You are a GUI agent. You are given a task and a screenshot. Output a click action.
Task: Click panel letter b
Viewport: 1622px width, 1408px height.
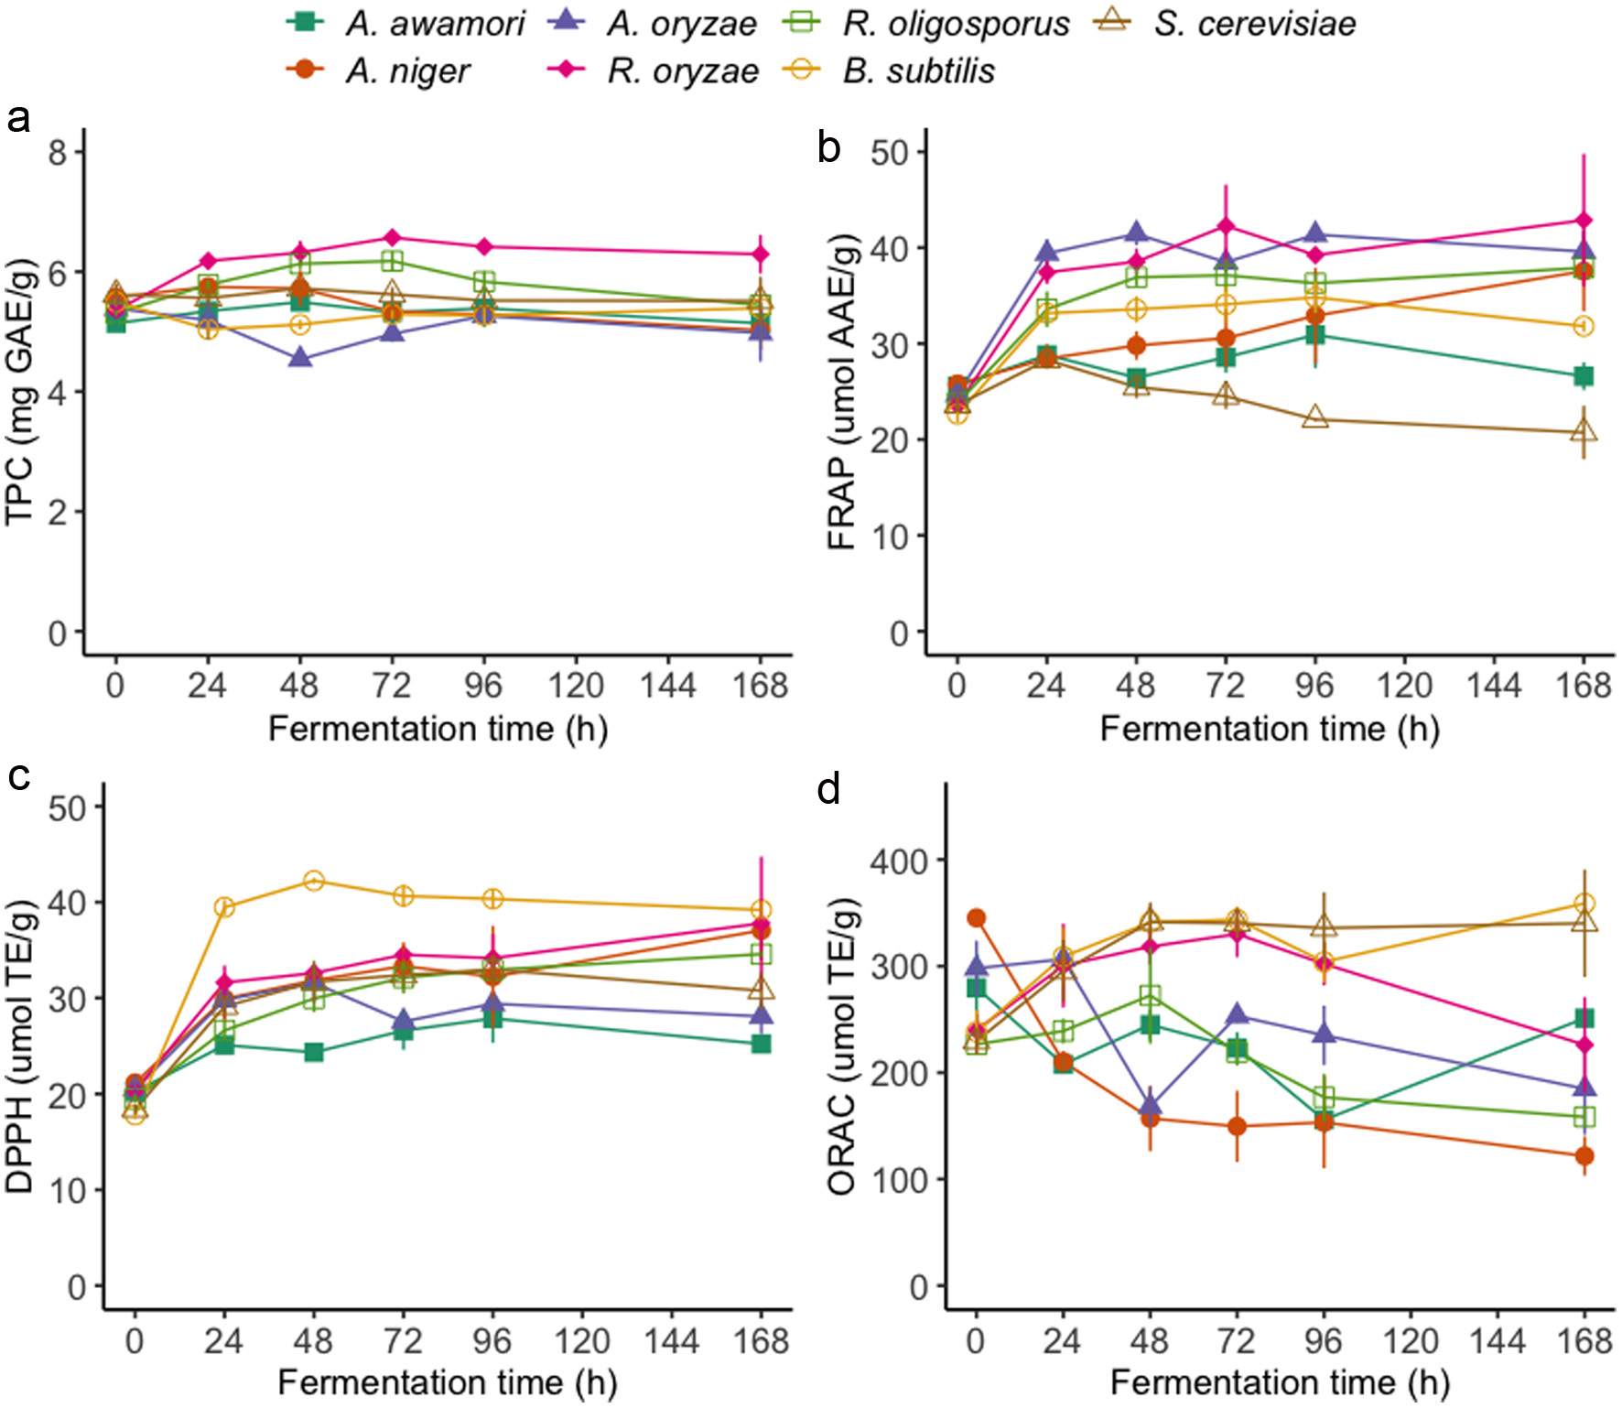[828, 147]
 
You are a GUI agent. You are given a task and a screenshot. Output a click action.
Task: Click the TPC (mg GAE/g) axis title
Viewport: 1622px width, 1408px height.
[20, 392]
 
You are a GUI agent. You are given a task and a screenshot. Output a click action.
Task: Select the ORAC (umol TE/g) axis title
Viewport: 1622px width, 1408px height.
[842, 1047]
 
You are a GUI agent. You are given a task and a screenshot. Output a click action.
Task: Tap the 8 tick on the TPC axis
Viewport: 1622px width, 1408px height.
[58, 152]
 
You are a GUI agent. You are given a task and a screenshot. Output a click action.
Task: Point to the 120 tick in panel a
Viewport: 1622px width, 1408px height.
[576, 686]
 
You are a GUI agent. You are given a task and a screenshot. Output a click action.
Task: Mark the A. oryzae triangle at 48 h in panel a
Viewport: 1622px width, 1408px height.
[300, 359]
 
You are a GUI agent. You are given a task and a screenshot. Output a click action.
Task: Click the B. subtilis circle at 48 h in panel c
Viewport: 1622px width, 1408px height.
[313, 882]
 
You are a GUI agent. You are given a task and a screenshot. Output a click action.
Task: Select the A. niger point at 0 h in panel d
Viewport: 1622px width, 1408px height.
[976, 918]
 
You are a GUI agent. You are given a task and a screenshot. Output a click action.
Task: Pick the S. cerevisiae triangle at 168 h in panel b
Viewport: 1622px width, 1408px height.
[1584, 431]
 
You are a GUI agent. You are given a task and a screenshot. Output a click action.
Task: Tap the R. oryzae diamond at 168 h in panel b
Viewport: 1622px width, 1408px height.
[1584, 221]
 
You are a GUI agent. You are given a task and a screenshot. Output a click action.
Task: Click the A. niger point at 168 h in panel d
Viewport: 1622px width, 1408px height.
[1584, 1156]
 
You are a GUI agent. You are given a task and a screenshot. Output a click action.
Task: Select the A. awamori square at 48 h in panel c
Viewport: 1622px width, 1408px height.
[313, 1052]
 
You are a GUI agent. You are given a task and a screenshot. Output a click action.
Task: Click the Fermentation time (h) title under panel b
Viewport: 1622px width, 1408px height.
[1270, 730]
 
